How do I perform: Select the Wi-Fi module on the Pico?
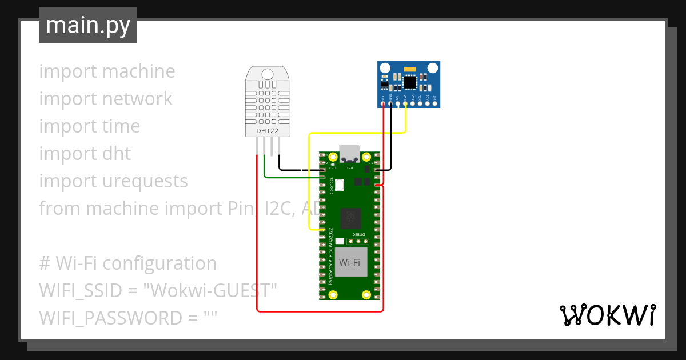350,262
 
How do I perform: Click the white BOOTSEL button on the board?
340,185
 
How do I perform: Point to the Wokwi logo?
607,315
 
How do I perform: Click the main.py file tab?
88,25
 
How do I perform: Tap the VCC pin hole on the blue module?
383,104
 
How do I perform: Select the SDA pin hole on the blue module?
405,104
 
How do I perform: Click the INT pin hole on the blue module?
435,104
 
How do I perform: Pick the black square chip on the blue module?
410,82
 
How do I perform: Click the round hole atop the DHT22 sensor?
267,74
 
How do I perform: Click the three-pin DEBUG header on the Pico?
358,242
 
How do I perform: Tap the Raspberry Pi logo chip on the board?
349,217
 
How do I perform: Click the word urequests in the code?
145,181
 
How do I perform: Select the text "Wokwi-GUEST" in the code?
210,291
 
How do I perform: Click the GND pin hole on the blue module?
390,104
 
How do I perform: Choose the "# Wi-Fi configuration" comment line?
128,263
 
